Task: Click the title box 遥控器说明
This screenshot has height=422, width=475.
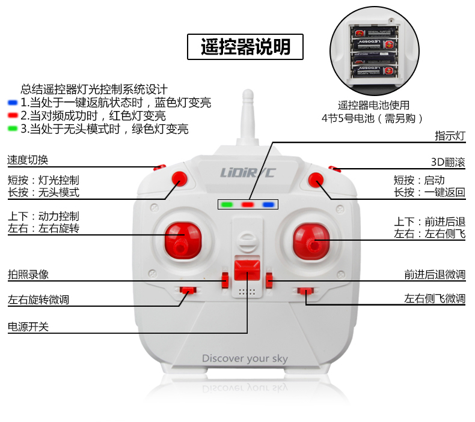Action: [x=245, y=47]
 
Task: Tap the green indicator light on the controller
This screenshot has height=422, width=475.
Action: [x=227, y=205]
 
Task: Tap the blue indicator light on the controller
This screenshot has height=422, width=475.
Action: [x=268, y=205]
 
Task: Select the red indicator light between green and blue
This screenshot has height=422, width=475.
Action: [x=248, y=205]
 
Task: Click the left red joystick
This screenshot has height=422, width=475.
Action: [x=183, y=241]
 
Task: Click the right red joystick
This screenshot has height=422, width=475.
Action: [x=311, y=241]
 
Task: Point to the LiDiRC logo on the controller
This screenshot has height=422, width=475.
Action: [x=248, y=173]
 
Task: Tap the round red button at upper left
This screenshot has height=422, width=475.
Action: [x=180, y=178]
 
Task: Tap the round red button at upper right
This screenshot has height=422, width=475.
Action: [x=316, y=179]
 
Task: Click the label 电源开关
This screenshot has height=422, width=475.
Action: [x=28, y=327]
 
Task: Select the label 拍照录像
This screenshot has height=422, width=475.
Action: [x=28, y=274]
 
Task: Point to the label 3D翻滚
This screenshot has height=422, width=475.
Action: [x=448, y=162]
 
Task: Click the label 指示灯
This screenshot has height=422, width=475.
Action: [x=450, y=136]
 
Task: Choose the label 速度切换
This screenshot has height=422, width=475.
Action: [x=28, y=160]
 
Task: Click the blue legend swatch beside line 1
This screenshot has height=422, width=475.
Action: [x=13, y=103]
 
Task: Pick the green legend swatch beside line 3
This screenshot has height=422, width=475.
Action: [x=13, y=128]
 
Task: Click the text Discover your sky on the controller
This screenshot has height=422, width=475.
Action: [x=245, y=358]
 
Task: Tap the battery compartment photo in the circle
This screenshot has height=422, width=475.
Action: [x=375, y=51]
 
